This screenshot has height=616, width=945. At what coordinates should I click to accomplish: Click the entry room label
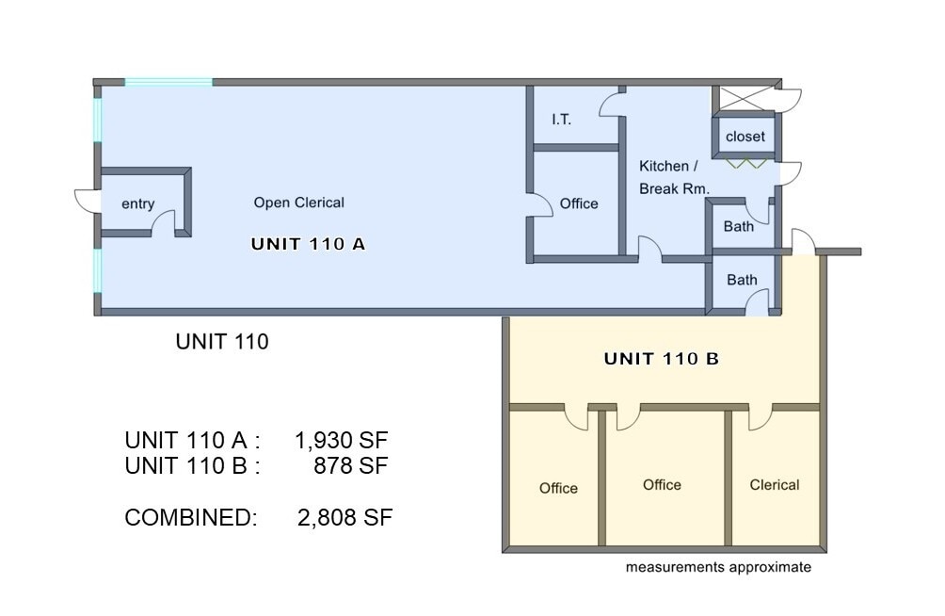point(137,204)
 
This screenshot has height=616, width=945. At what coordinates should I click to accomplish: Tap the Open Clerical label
point(298,203)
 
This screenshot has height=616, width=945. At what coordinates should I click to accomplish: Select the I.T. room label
point(561,120)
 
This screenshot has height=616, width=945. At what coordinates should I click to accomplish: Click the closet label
point(745,137)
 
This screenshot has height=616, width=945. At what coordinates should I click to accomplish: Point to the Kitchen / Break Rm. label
point(674,177)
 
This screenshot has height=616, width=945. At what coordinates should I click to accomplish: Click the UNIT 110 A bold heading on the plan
point(308,244)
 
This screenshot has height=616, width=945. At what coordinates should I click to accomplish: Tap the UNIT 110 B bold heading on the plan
point(661,359)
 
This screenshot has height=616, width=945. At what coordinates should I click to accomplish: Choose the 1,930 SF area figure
point(341,440)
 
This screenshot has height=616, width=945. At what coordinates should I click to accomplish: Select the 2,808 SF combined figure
point(344,517)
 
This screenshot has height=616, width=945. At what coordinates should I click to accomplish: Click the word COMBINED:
point(190,517)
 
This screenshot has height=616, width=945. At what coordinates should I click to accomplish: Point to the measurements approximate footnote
point(718,567)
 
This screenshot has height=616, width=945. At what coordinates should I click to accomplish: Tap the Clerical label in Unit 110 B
point(774,485)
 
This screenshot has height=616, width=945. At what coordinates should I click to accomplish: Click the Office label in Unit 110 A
point(578,203)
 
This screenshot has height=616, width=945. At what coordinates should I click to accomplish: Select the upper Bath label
point(739,226)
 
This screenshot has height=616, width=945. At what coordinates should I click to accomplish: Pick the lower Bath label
point(741,280)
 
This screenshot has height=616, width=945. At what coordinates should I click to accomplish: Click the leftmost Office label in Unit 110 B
point(558,488)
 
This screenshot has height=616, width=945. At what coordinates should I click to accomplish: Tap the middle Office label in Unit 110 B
point(662,484)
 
